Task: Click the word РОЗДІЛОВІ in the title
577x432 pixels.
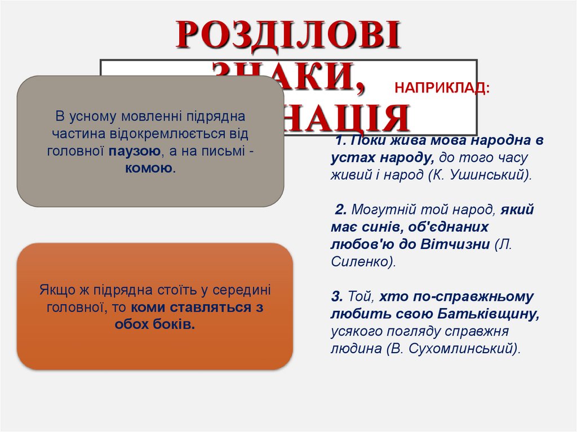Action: tap(288, 35)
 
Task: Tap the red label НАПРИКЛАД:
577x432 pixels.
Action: tap(442, 88)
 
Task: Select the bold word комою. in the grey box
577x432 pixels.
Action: tap(150, 168)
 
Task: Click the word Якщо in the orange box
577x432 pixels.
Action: tap(54, 291)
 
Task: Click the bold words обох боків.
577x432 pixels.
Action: tap(154, 324)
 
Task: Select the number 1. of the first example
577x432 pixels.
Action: tap(339, 141)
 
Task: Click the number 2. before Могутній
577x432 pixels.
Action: tap(340, 210)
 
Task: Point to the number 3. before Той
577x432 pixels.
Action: tap(337, 296)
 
